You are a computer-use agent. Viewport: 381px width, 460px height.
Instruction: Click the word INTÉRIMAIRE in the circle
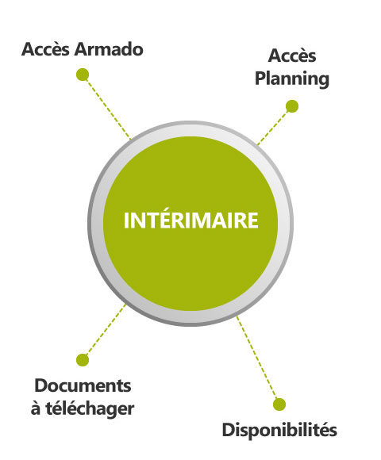tap(190, 220)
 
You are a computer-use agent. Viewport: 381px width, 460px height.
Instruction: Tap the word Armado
tap(109, 49)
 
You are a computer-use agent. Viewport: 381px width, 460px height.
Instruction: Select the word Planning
tap(292, 79)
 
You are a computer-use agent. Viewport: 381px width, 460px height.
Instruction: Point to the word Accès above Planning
tap(292, 56)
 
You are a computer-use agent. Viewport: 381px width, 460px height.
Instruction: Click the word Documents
tap(83, 385)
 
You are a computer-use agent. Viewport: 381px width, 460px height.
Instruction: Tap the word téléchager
tap(90, 408)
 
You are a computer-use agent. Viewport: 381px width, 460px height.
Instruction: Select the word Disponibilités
tap(279, 431)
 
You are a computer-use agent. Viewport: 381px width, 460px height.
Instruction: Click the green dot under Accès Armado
tap(83, 75)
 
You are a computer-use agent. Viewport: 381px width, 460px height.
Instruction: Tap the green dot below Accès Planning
tap(292, 106)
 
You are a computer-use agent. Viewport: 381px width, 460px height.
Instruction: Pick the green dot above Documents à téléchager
tap(83, 360)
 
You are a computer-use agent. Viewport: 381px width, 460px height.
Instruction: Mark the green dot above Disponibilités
tap(279, 404)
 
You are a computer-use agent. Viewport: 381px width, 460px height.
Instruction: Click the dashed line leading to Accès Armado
tap(108, 108)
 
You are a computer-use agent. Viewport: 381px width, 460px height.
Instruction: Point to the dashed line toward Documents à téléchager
tap(106, 331)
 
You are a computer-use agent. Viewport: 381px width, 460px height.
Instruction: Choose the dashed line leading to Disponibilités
tap(256, 358)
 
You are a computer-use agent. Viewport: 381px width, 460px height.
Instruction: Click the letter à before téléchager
tap(36, 408)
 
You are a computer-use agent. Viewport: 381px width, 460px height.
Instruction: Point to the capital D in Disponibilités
tap(229, 430)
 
